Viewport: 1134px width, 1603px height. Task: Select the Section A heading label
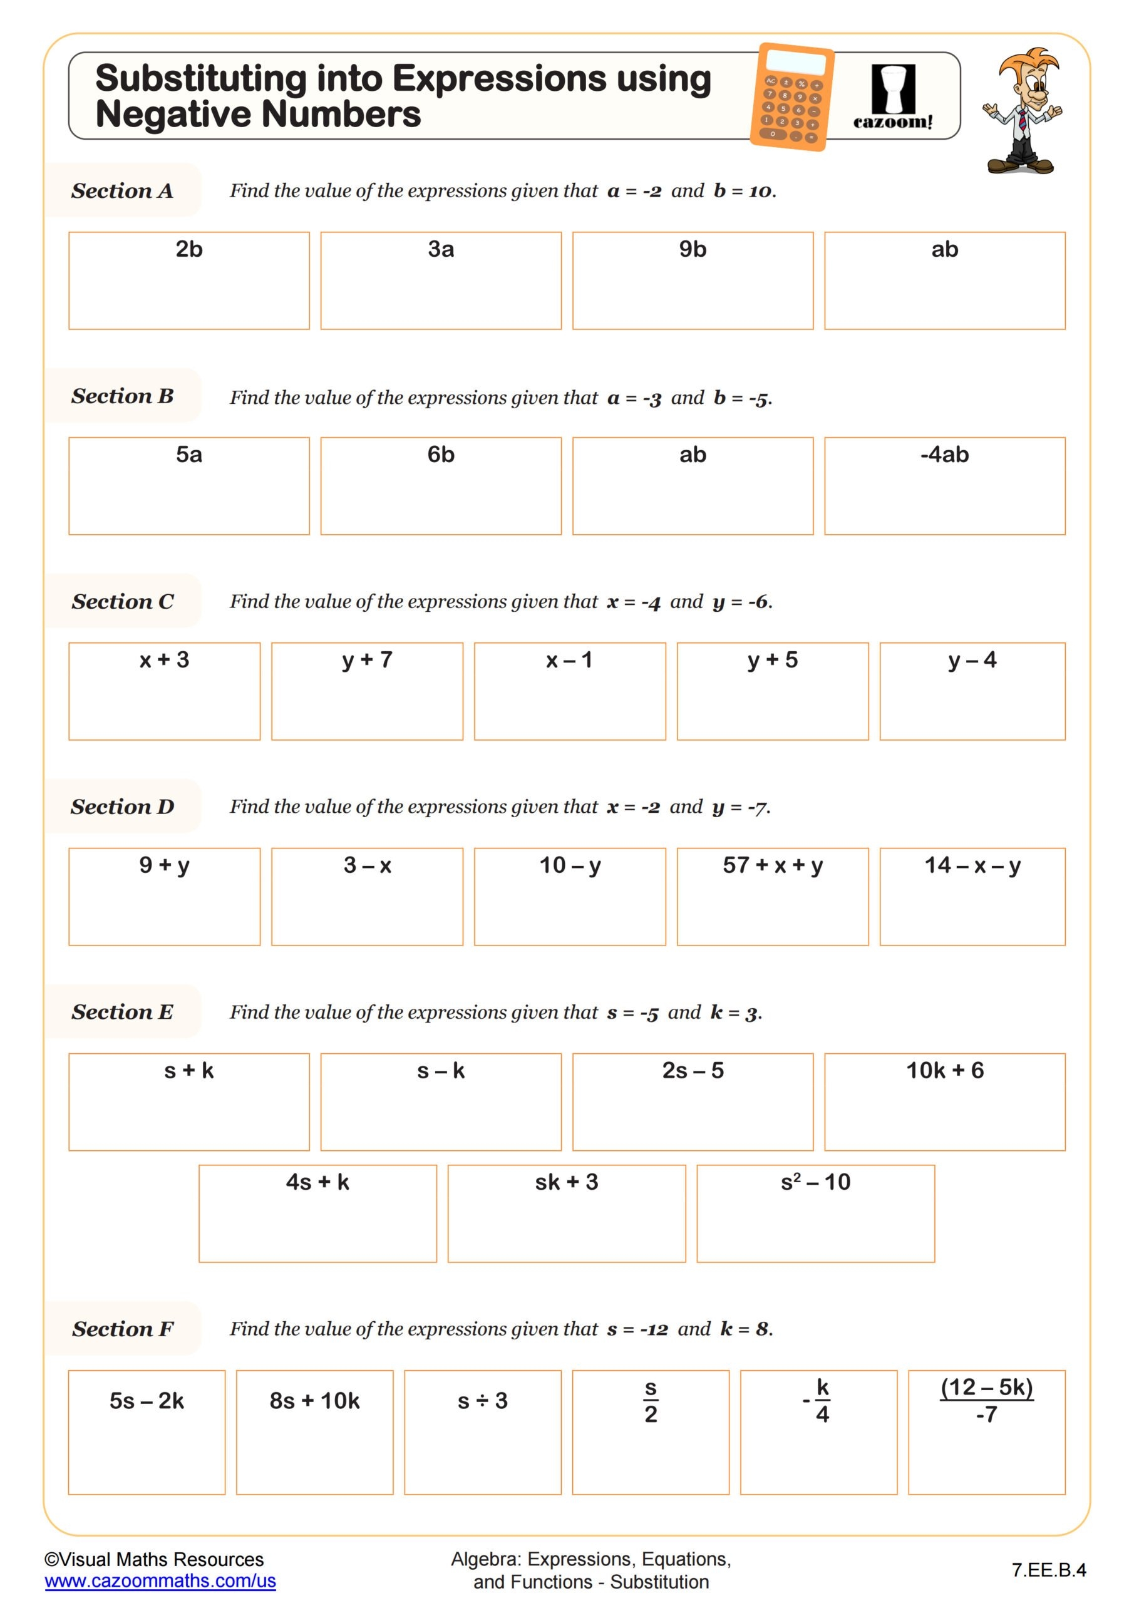(x=122, y=190)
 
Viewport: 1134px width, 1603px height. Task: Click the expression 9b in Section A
(x=693, y=249)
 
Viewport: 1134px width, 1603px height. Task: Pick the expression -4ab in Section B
(x=944, y=455)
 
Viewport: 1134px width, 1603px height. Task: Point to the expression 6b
(x=441, y=455)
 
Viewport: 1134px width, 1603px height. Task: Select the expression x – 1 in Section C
(x=569, y=660)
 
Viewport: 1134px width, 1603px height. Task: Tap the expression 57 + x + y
(x=772, y=865)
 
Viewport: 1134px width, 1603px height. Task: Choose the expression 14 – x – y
(x=972, y=865)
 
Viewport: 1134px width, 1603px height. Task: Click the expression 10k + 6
(x=944, y=1070)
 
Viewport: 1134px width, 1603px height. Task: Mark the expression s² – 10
(x=815, y=1182)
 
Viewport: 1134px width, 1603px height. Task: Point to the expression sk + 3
(x=566, y=1182)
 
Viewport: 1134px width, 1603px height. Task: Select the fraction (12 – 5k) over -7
(x=986, y=1400)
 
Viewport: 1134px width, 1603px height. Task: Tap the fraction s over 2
(x=650, y=1400)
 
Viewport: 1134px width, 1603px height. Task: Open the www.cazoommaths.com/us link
(x=160, y=1580)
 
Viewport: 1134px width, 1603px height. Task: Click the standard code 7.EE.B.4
(x=1048, y=1570)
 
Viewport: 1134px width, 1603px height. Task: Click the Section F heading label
(x=122, y=1329)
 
